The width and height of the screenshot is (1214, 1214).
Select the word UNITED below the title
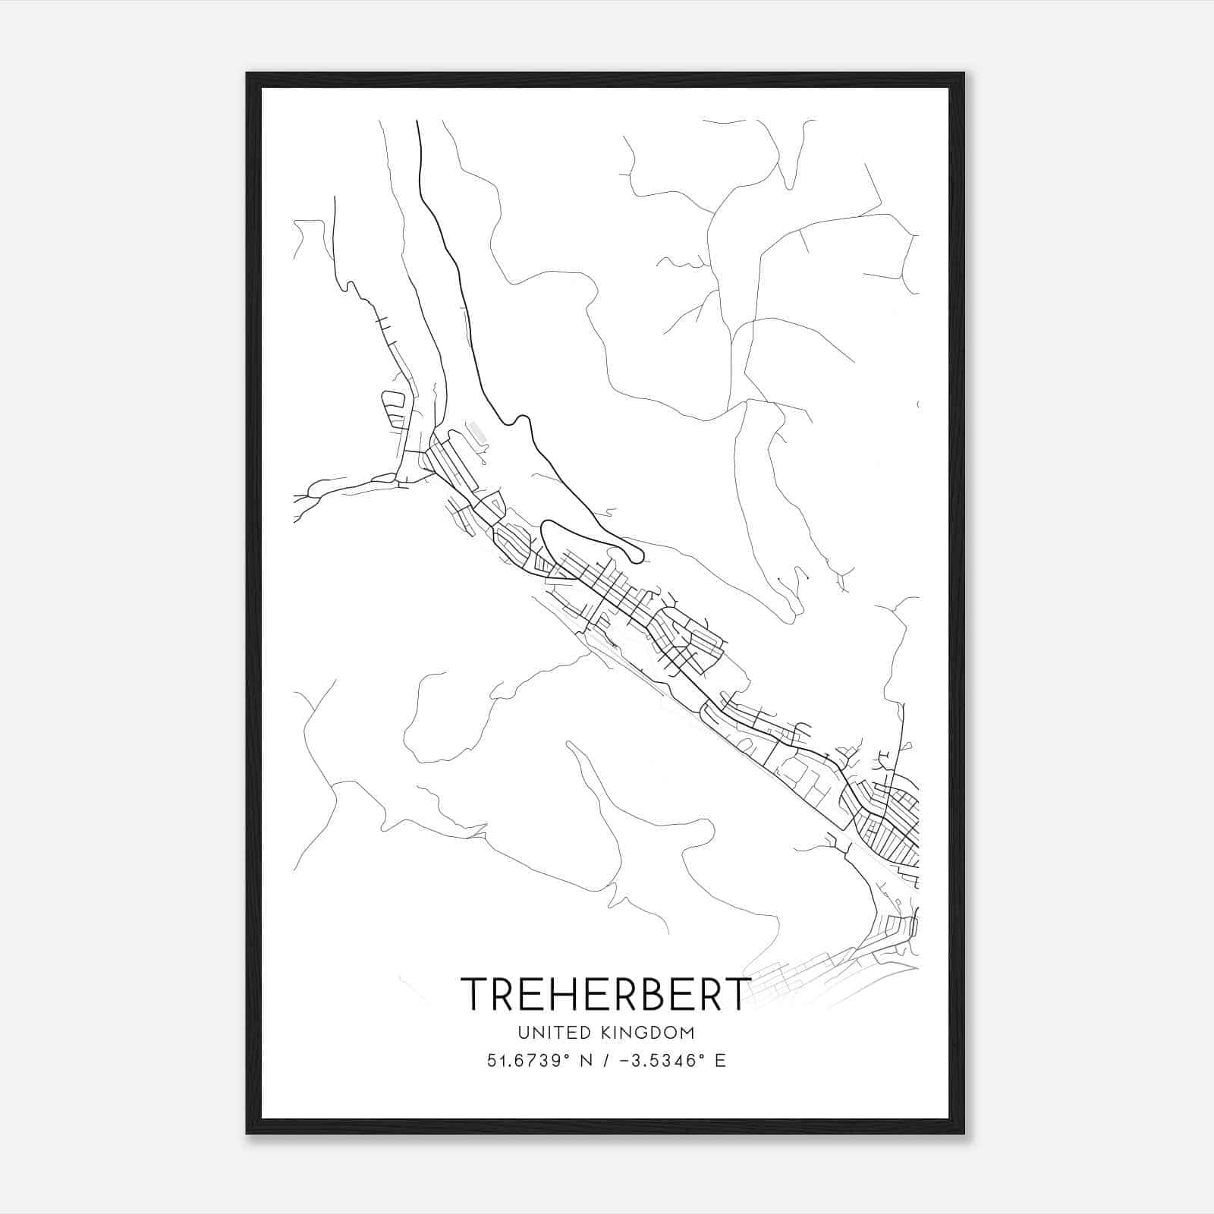[x=552, y=1033]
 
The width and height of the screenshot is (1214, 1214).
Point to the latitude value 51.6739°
[x=527, y=1061]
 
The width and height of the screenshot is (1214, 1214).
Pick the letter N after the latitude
[x=585, y=1061]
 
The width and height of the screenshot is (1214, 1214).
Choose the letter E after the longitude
[x=720, y=1061]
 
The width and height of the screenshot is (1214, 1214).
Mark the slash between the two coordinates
[x=605, y=1061]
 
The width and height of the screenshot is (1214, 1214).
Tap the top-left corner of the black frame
[x=248, y=74]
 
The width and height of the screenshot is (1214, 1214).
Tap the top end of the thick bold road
[x=417, y=121]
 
